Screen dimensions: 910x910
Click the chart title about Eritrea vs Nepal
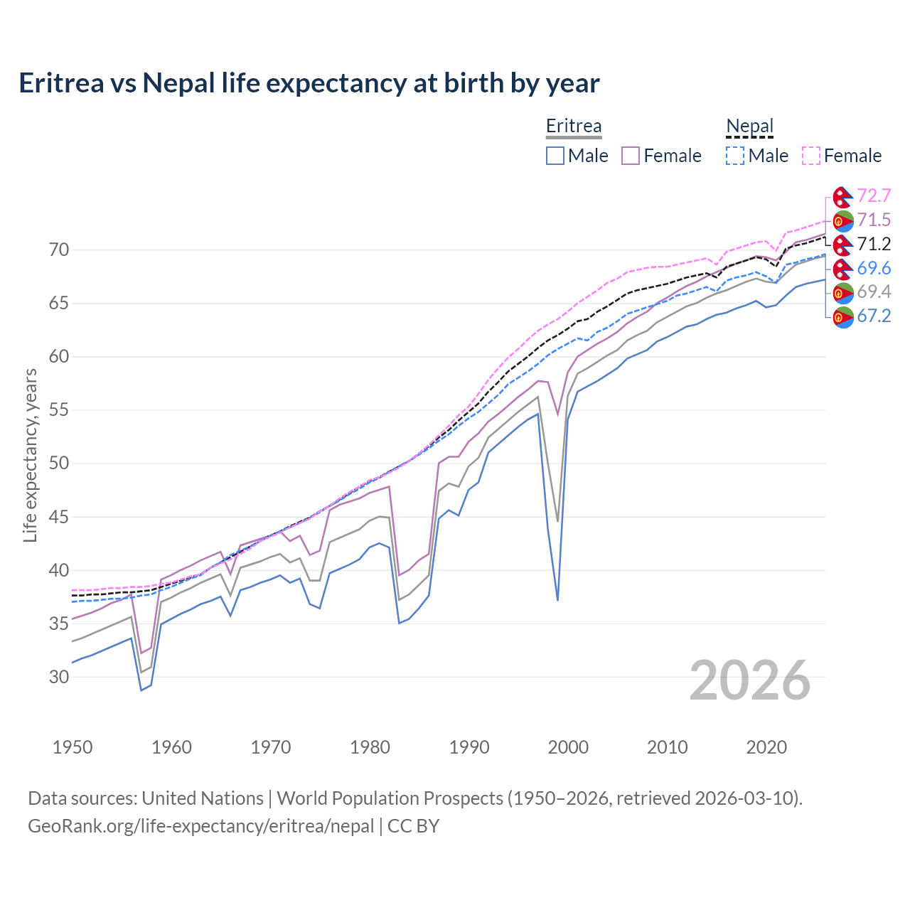pyautogui.click(x=309, y=83)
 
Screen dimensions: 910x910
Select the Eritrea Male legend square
pyautogui.click(x=555, y=156)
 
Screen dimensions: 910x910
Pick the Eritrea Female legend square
pyautogui.click(x=631, y=156)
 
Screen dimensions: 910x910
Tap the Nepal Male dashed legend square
pyautogui.click(x=735, y=156)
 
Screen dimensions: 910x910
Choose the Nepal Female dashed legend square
pyautogui.click(x=811, y=156)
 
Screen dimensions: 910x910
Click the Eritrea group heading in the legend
pyautogui.click(x=574, y=127)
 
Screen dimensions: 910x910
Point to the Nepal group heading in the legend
pyautogui.click(x=749, y=127)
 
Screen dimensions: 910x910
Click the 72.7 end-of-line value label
pyautogui.click(x=874, y=196)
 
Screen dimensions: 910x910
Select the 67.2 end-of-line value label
pyautogui.click(x=874, y=316)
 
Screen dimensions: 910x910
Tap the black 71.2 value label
pyautogui.click(x=874, y=245)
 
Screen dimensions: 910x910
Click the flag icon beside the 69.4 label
pyautogui.click(x=843, y=292)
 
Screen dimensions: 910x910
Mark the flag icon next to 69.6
pyautogui.click(x=843, y=269)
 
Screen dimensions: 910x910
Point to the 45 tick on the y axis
pyautogui.click(x=59, y=517)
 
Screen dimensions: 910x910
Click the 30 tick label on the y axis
pyautogui.click(x=59, y=677)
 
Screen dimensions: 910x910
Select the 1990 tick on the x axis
pyautogui.click(x=469, y=747)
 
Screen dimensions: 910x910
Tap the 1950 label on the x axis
pyautogui.click(x=73, y=747)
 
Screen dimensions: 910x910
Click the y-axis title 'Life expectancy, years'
pyautogui.click(x=30, y=455)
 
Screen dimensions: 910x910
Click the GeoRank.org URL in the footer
pyautogui.click(x=200, y=826)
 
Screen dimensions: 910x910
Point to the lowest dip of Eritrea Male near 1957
pyautogui.click(x=141, y=690)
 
